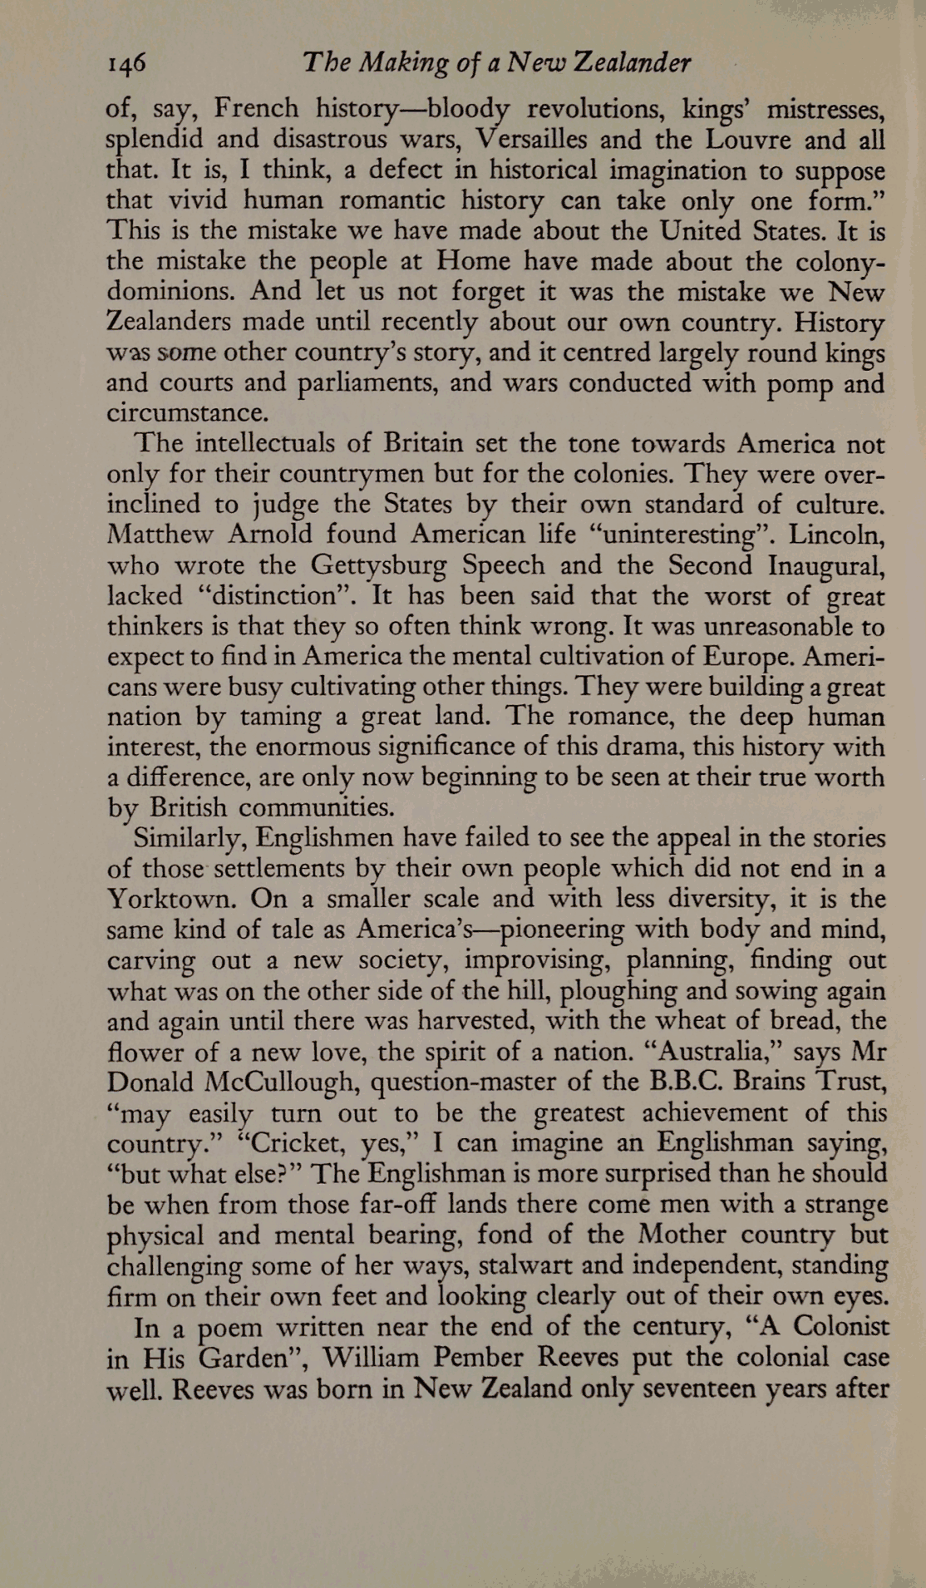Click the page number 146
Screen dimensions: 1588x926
pyautogui.click(x=126, y=63)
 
